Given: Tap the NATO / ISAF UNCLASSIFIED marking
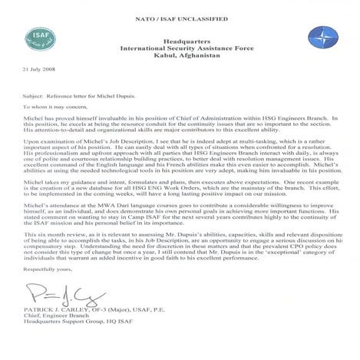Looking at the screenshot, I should pos(179,5).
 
